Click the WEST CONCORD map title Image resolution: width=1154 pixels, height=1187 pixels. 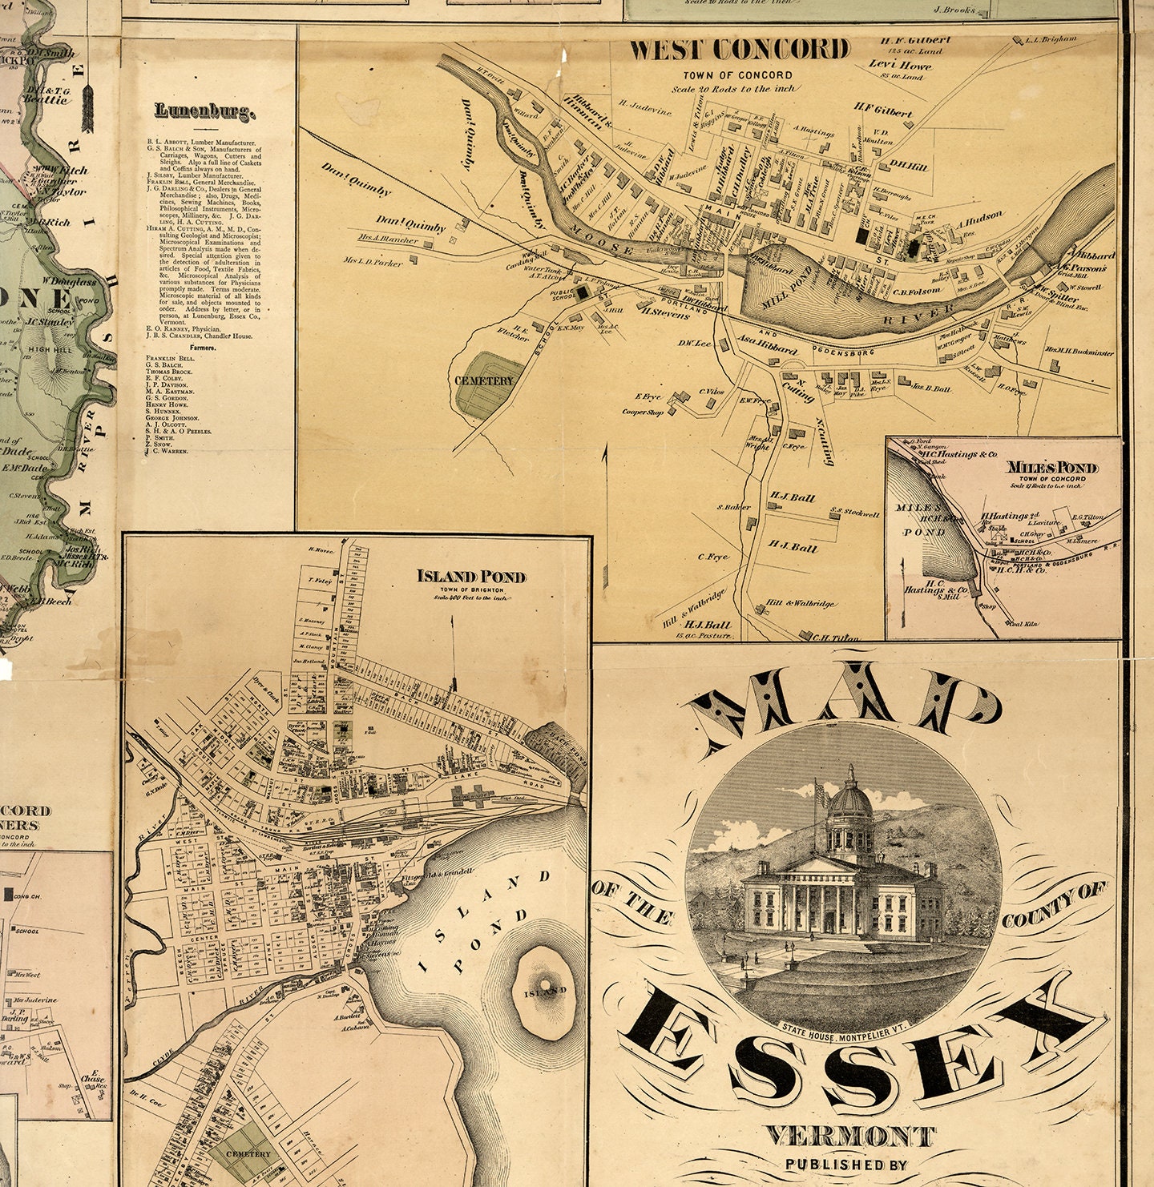coord(738,50)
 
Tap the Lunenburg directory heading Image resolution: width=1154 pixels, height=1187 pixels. coord(205,112)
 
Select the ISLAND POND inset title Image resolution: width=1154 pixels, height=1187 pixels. coord(471,577)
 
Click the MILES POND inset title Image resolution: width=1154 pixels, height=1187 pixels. coord(1052,467)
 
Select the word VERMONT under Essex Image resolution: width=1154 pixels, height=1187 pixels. coord(849,1136)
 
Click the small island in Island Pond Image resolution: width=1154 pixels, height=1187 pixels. coord(545,989)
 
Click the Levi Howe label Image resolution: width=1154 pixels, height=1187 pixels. coord(900,65)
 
